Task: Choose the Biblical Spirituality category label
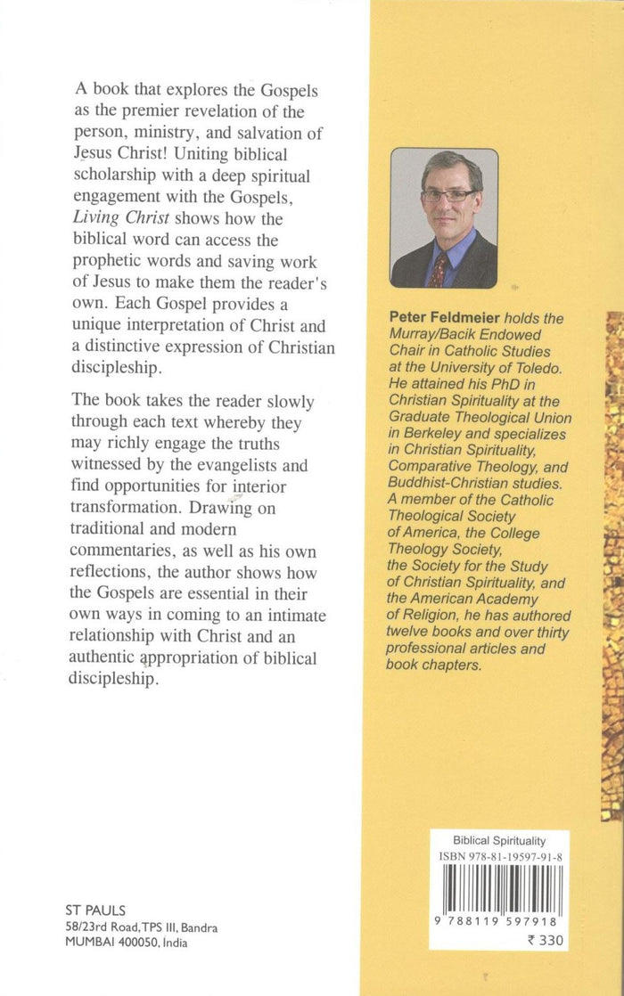499,840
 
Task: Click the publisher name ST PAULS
95,910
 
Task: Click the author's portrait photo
444,217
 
